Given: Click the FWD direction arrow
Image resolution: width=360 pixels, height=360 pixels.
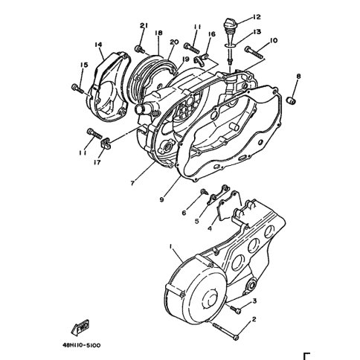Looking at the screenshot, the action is [x=80, y=327].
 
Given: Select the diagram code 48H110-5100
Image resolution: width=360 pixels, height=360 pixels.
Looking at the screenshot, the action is [x=81, y=345].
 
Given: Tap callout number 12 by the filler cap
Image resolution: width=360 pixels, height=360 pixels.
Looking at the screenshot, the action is [x=257, y=17].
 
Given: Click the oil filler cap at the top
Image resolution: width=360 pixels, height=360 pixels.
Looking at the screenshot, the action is [x=231, y=24].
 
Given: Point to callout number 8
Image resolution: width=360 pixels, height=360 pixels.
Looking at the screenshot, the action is [x=298, y=76].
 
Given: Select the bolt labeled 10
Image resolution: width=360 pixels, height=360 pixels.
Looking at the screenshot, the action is [x=254, y=53].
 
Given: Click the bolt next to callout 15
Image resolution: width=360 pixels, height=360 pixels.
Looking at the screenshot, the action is [x=78, y=89].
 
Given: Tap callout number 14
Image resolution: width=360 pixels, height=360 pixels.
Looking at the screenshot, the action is [x=98, y=45].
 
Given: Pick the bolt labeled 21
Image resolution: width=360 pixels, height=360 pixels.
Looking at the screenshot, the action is [x=140, y=49].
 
